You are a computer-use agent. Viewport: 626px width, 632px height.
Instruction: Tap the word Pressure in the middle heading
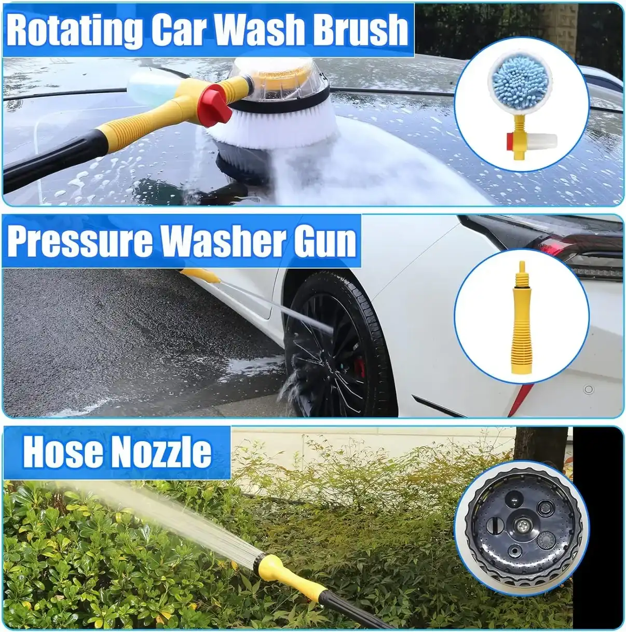click(80, 241)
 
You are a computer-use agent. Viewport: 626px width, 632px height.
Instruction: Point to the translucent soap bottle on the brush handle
click(151, 87)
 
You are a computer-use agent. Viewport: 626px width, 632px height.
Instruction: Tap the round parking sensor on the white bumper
click(588, 389)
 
